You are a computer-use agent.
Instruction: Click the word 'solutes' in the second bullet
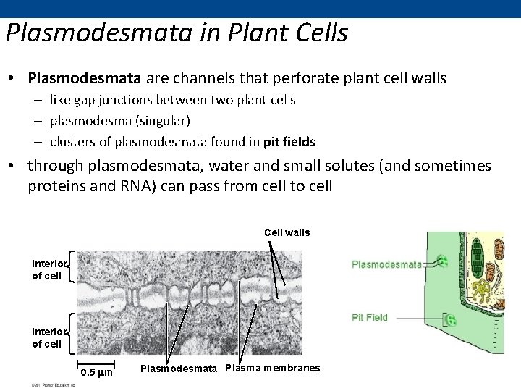point(347,166)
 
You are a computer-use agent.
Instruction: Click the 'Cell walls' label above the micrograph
point(287,232)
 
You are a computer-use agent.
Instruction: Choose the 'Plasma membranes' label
point(273,368)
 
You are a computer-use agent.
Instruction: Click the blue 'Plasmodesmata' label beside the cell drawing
point(386,264)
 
